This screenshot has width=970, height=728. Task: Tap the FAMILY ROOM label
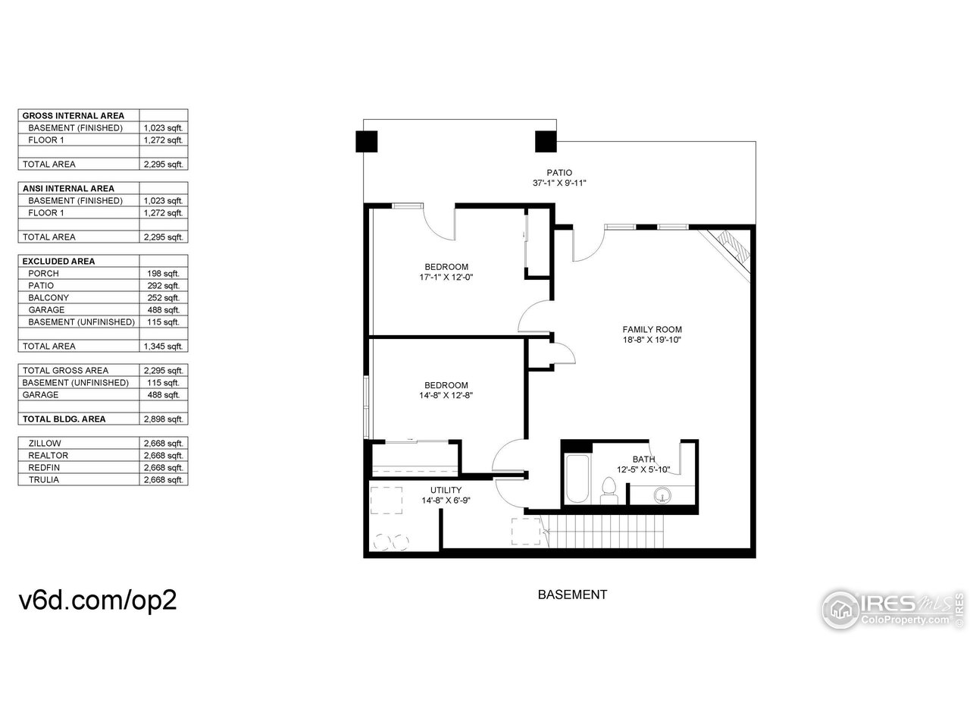[x=652, y=329]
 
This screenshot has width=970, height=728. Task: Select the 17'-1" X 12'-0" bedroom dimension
[x=446, y=277]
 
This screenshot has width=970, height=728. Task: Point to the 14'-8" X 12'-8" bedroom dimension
[x=446, y=395]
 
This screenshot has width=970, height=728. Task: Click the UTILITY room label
[x=446, y=490]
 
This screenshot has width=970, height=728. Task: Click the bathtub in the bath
[x=576, y=479]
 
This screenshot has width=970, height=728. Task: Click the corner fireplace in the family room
[x=730, y=249]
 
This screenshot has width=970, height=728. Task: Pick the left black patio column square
[x=366, y=142]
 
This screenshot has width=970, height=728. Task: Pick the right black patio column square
[x=546, y=142]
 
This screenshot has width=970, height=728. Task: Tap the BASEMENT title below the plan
[x=572, y=595]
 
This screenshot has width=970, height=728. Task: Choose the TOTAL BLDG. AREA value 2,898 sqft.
[x=163, y=419]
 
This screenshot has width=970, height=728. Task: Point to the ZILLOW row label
[x=45, y=444]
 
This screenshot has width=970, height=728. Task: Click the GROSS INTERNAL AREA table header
[x=74, y=116]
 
